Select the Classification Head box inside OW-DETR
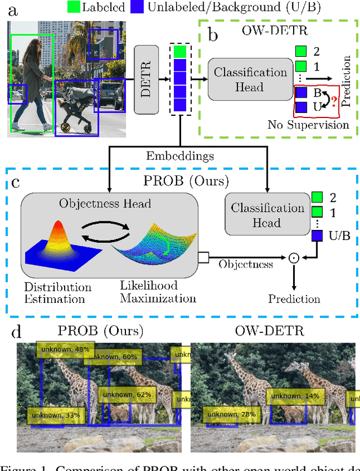[250, 79]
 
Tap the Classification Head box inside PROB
[268, 215]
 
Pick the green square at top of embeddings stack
[180, 52]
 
